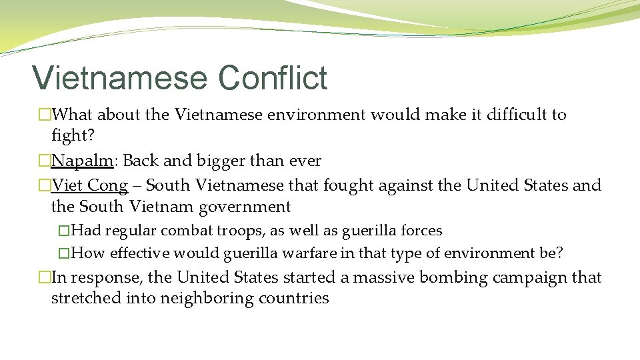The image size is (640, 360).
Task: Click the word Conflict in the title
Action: tap(272, 77)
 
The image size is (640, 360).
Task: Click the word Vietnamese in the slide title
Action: tap(120, 77)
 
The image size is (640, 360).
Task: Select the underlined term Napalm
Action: tap(82, 161)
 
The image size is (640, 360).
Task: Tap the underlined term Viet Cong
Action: tap(89, 185)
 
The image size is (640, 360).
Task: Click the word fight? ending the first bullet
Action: tap(72, 136)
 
